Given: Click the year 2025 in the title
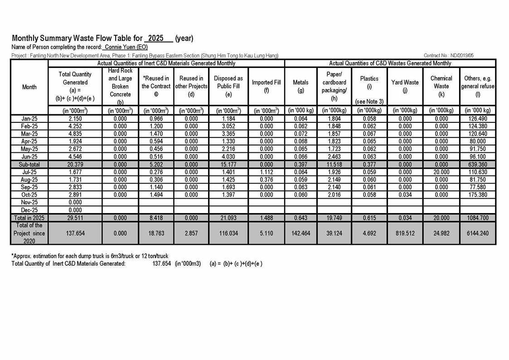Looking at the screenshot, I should point(156,39).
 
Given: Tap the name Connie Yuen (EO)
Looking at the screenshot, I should point(126,47).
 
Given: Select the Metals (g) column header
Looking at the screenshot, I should point(301,86).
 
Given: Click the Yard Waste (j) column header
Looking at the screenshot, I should point(405,86).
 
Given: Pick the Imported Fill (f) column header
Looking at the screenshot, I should point(266,86).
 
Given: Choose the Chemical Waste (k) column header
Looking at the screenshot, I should point(441,86).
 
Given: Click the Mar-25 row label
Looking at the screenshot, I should point(29,134).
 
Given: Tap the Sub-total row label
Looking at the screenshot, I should point(29,164).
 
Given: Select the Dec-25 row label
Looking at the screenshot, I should point(29,210).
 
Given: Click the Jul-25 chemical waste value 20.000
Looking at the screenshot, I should point(441,172).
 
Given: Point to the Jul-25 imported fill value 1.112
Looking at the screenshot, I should point(266,172).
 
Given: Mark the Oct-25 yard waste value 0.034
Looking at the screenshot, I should point(405,195).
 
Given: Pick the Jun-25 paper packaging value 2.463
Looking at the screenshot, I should point(334,156).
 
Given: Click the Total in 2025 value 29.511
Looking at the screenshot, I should point(75,218).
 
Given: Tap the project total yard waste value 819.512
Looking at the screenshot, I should point(405,233).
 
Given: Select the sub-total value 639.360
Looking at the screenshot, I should point(478,164).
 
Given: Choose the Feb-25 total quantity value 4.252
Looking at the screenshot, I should point(75,126).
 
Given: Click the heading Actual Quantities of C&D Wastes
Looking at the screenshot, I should point(390,63).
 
